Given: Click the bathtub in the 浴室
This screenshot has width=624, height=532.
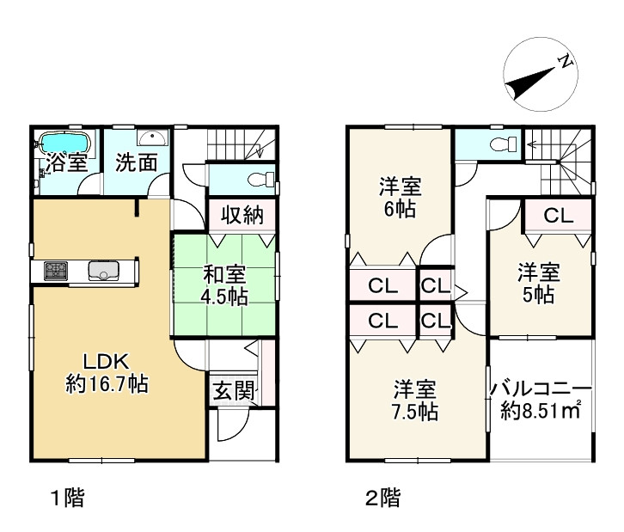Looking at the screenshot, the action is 64,143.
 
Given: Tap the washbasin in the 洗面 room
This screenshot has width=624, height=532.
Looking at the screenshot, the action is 153,138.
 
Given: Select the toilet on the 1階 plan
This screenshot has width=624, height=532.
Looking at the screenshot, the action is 261,179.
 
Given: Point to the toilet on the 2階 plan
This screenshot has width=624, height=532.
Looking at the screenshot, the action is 504,144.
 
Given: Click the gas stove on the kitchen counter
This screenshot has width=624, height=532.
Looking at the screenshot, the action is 55,271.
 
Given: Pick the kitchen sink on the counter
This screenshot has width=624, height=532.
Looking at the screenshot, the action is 103,271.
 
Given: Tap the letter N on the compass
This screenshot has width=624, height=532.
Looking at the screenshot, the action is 565,61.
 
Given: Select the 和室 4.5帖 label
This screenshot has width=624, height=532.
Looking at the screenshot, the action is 224,285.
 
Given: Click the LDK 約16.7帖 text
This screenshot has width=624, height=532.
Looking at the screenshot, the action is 107,373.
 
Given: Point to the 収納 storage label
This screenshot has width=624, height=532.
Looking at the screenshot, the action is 242,215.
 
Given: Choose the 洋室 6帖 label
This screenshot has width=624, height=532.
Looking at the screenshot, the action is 400,198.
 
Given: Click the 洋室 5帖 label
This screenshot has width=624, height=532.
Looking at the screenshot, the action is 538,284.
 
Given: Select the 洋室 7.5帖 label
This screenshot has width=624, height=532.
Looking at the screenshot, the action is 415,401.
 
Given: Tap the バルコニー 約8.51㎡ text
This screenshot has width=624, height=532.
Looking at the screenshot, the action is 541,400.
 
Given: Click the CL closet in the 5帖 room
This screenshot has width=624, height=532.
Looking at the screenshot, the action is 559,216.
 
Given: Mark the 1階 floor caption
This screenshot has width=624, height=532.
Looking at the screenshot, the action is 69,498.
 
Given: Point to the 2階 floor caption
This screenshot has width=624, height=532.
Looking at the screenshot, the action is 383,498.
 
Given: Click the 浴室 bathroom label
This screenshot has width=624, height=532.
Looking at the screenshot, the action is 66,162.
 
